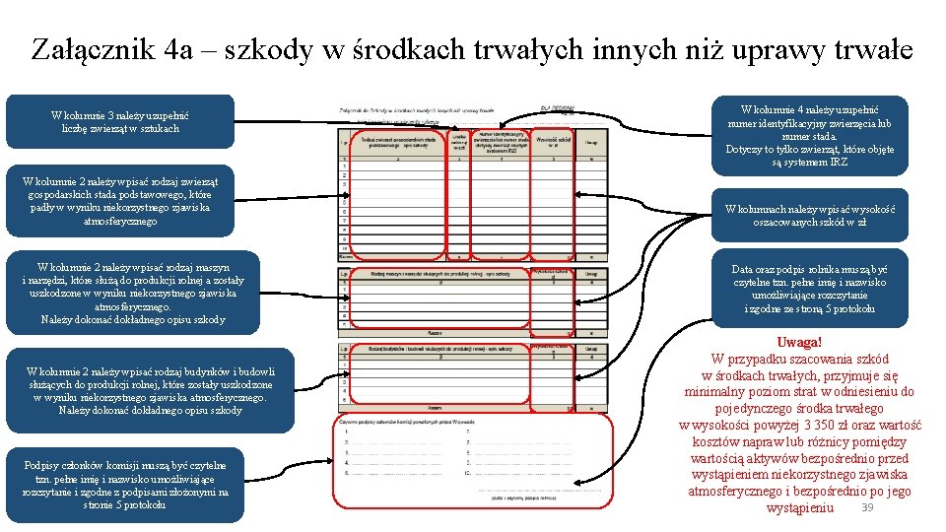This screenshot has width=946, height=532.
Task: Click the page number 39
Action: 867,506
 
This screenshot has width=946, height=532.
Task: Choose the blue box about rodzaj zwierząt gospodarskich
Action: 117,201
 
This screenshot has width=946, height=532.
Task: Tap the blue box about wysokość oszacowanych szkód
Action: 809,216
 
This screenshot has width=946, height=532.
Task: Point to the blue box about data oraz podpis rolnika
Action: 809,289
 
